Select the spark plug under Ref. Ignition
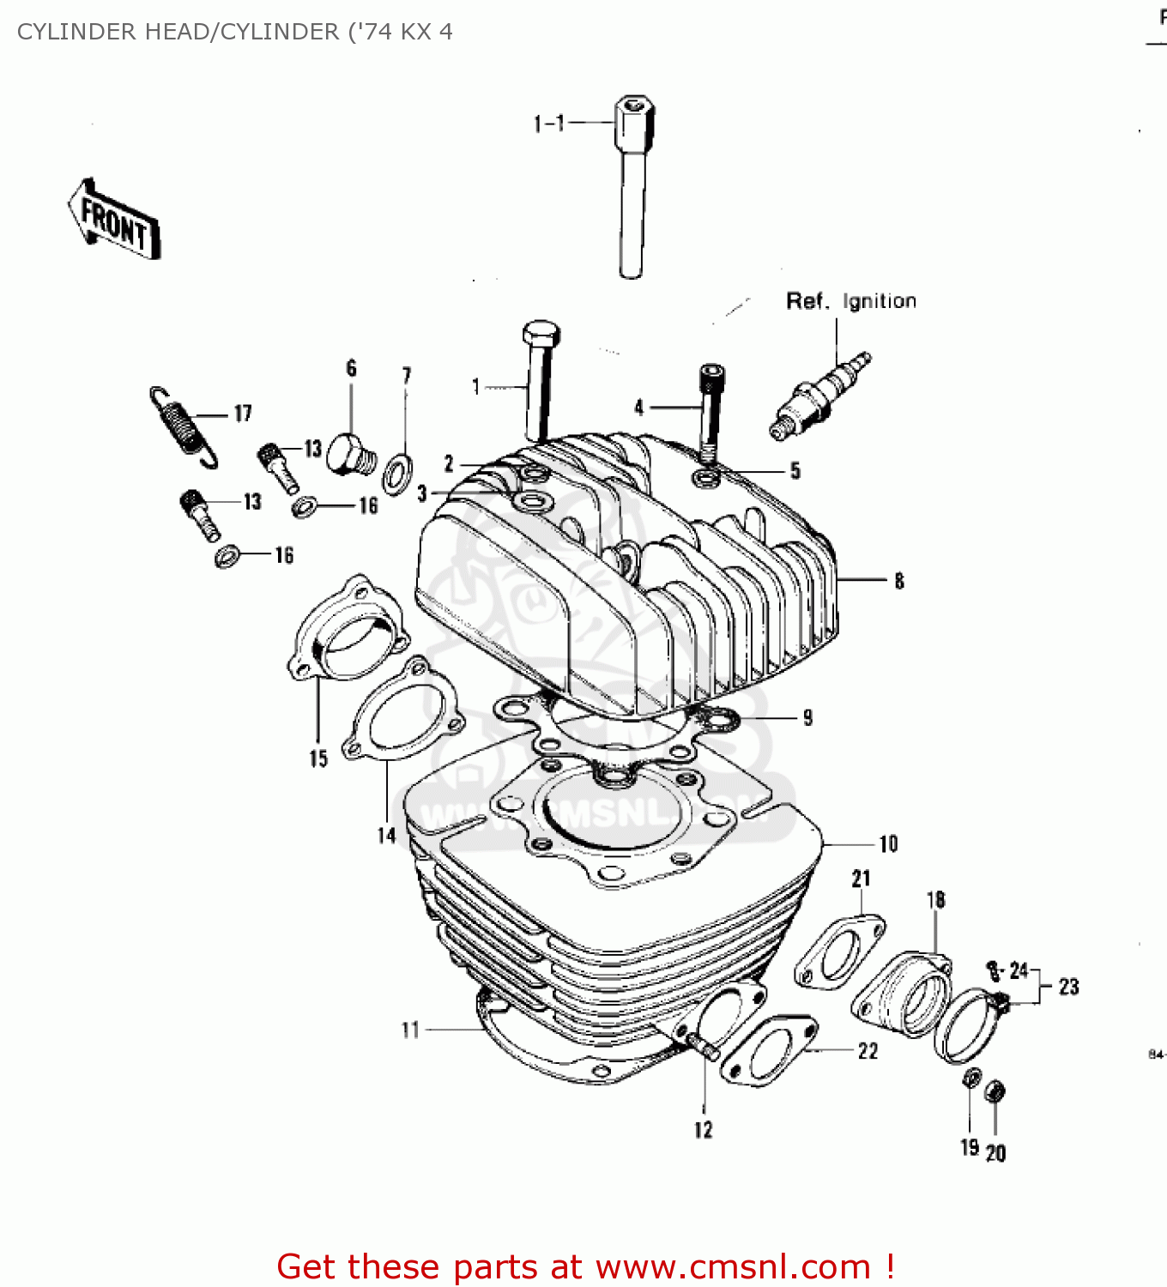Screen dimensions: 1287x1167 coord(819,396)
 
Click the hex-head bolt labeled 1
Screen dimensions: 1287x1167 coord(540,378)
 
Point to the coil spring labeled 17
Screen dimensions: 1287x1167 coord(183,426)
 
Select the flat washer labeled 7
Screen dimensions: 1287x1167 coord(397,473)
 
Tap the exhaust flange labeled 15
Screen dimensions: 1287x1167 coord(348,631)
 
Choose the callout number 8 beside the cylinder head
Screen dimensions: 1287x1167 coord(898,581)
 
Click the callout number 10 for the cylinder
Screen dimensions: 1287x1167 coord(888,844)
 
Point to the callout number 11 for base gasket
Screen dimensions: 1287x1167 coord(410,1029)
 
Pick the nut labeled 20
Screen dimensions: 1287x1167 coord(995,1093)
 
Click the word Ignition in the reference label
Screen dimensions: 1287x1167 coord(880,301)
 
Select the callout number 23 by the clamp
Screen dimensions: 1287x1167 coord(1068,987)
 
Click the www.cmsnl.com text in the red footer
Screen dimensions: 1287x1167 coord(733,1266)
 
